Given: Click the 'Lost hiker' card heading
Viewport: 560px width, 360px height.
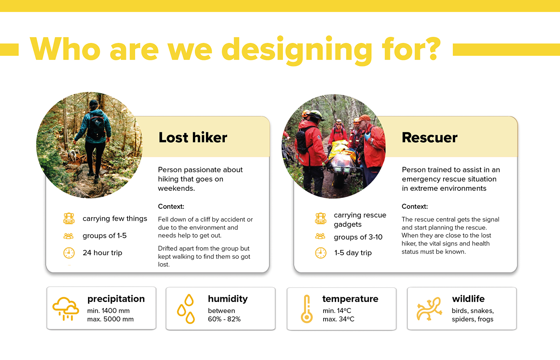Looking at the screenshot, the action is coord(193,138).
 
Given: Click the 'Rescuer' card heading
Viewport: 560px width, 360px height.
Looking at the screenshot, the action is coord(430,138).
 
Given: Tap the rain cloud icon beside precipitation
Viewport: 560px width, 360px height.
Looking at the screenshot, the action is coord(66,309).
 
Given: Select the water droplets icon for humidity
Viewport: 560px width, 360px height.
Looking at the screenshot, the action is coord(186,309).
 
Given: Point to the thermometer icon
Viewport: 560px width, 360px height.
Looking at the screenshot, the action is coord(307,309).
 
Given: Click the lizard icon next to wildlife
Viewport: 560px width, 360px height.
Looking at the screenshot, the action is coord(429,309).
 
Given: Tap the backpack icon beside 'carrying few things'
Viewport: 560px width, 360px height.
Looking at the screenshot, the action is coord(69,218).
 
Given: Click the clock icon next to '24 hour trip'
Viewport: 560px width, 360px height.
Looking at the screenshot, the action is coord(69,253).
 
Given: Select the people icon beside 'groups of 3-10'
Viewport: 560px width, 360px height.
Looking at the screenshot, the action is coord(320,236).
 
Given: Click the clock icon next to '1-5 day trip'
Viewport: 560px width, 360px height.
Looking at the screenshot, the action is coord(321,253).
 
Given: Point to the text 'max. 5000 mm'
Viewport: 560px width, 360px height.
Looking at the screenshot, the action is coord(110,319).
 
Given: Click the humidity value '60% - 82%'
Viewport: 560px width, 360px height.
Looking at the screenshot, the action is coord(224,319).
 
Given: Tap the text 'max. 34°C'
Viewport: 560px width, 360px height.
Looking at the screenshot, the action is coord(338,319).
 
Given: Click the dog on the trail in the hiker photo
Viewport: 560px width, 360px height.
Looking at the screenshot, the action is coord(72,155).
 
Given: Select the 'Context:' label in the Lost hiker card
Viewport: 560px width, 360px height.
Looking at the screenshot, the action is coord(171,206).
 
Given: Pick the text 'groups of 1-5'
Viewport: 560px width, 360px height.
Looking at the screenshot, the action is coord(104,236).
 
